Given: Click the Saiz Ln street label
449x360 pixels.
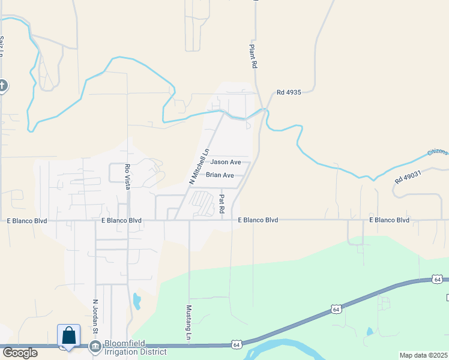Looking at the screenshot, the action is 2,46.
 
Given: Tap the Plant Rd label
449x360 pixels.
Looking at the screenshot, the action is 254,56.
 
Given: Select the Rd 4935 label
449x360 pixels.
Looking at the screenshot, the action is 288,92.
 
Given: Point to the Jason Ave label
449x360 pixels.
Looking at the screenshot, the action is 226,162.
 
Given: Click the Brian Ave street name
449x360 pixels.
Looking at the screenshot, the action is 220,175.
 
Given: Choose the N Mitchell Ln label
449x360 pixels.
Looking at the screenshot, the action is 199,166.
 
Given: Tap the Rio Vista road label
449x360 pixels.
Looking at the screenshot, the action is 127,177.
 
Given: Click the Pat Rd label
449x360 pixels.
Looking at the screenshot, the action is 221,203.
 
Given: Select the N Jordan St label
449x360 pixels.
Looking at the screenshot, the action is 95,316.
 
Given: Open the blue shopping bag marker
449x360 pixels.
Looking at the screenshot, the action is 68,335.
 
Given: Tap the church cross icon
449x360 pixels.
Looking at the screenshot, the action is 2,85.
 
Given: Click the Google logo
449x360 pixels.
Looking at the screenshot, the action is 19,353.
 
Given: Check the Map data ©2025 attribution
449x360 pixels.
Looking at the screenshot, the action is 423,355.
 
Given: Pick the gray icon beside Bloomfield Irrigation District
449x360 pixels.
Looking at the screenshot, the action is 95,347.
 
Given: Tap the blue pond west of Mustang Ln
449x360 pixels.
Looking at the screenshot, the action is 137,300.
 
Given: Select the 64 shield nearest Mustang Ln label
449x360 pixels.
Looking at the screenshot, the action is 238,344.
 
